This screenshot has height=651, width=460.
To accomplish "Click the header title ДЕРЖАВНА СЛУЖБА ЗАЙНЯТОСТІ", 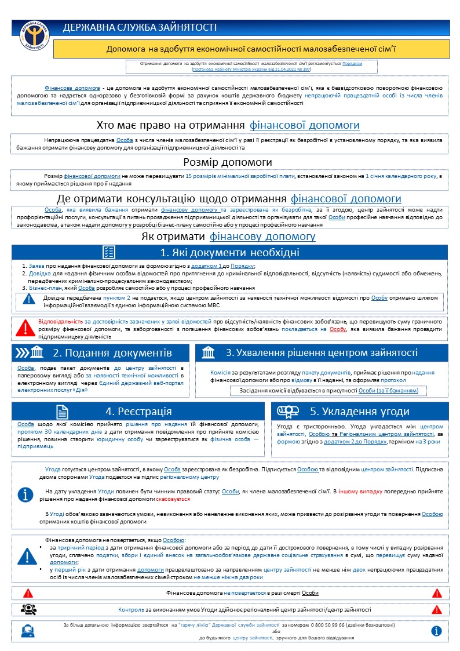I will click(140, 27).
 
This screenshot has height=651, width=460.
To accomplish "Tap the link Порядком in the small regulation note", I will click(352, 63).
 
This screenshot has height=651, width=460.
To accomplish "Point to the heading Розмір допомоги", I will click(228, 162).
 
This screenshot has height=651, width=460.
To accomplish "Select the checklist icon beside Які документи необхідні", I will click(108, 252).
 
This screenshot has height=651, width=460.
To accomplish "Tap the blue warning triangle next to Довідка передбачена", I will click(29, 299).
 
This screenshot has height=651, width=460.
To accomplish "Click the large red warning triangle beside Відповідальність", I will click(25, 328).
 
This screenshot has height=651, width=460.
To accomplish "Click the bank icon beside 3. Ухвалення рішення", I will click(209, 352).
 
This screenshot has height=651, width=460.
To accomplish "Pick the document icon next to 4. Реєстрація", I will click(62, 411).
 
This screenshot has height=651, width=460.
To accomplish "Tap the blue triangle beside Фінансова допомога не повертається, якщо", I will click(27, 556).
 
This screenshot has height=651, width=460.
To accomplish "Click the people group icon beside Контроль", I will click(28, 609).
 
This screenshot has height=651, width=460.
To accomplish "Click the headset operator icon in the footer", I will click(27, 630).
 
